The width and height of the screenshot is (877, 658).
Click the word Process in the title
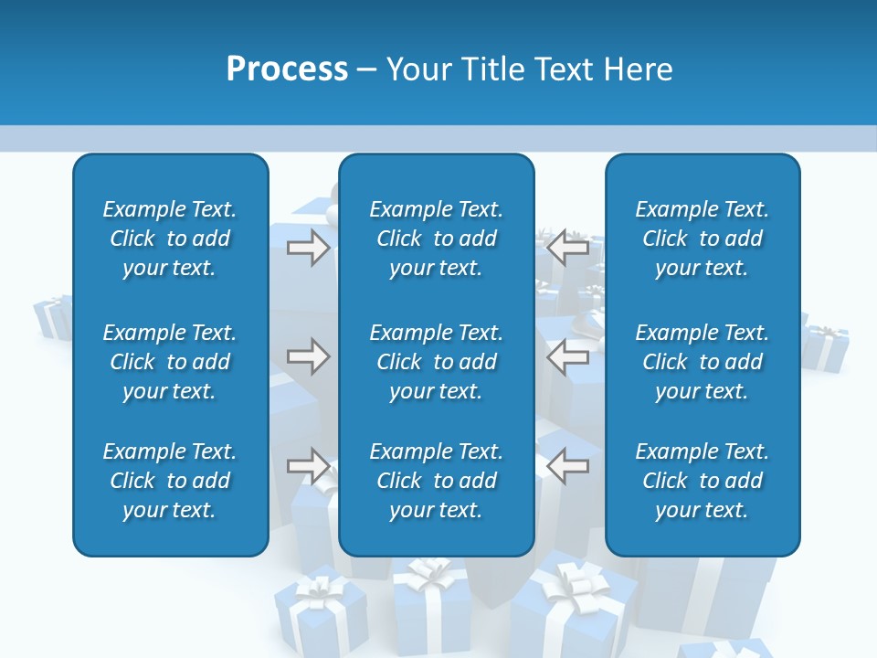[287, 69]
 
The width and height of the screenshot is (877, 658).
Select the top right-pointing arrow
[309, 248]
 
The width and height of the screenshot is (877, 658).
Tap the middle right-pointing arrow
[309, 356]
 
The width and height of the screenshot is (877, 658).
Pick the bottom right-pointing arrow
[309, 466]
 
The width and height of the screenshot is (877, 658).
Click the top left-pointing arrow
[567, 248]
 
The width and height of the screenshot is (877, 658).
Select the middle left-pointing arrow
[567, 356]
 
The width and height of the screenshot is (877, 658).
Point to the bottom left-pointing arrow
[567, 466]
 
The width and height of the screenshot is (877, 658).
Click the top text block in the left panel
[170, 239]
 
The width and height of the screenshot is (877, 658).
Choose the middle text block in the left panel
[170, 362]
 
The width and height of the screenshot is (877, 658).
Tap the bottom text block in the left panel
[170, 481]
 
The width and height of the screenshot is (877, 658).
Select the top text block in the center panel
[436, 239]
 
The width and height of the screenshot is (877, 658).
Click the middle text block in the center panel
[436, 362]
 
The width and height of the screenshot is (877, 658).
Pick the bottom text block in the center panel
[436, 481]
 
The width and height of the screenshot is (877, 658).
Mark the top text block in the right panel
[702, 239]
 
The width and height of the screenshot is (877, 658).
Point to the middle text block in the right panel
[702, 362]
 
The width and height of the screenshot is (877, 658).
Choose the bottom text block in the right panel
[702, 481]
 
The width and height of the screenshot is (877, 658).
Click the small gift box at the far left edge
[53, 316]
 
